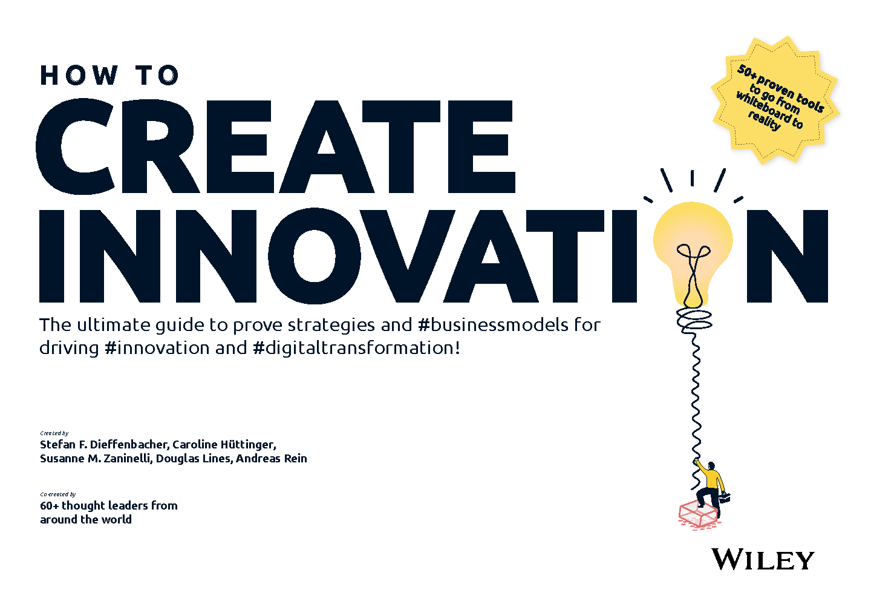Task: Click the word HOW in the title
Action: coord(79,75)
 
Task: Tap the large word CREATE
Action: coord(276,146)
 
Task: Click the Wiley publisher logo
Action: coord(763,559)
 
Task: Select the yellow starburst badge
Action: coord(775,100)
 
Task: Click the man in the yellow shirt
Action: coord(710,488)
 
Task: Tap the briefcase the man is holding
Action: coord(725,497)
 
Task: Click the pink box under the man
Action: coord(699,515)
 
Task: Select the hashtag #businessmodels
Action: coord(492,325)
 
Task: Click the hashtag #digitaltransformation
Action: coord(356,347)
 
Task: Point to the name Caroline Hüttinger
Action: coord(224,444)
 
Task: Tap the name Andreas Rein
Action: coord(271,458)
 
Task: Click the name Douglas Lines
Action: coord(194,459)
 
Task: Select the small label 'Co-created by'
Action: coord(58,494)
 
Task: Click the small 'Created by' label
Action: coord(54,433)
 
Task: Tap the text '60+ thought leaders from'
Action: coord(109,505)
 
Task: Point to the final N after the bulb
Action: coord(788,256)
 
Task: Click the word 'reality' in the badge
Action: coord(765,120)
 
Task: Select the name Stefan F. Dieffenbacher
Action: coord(104,444)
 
